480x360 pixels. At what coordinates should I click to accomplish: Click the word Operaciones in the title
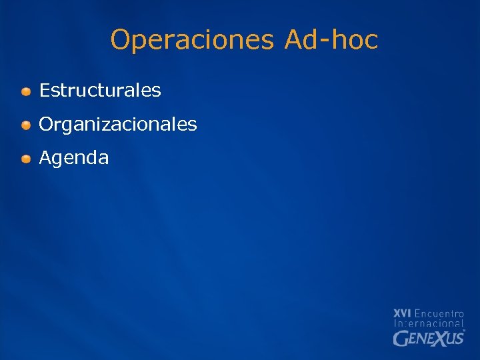[192, 40]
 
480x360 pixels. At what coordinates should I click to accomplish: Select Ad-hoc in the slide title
[331, 40]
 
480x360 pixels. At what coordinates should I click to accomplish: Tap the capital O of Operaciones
[121, 40]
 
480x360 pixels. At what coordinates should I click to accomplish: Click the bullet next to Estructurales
[25, 91]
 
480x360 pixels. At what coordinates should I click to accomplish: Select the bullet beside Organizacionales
[25, 125]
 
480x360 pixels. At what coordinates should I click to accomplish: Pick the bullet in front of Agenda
[25, 159]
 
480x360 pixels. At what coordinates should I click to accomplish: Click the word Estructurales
[100, 90]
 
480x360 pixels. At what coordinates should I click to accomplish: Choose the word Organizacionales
[118, 125]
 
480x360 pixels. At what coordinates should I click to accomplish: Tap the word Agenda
[74, 159]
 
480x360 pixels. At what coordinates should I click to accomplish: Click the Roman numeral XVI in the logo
[402, 313]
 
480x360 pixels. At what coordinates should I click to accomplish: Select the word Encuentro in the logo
[439, 313]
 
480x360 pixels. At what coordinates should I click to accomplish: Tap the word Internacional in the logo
[429, 323]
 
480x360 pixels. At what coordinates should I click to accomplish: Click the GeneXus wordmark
[429, 338]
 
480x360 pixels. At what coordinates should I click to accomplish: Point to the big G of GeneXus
[400, 339]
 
